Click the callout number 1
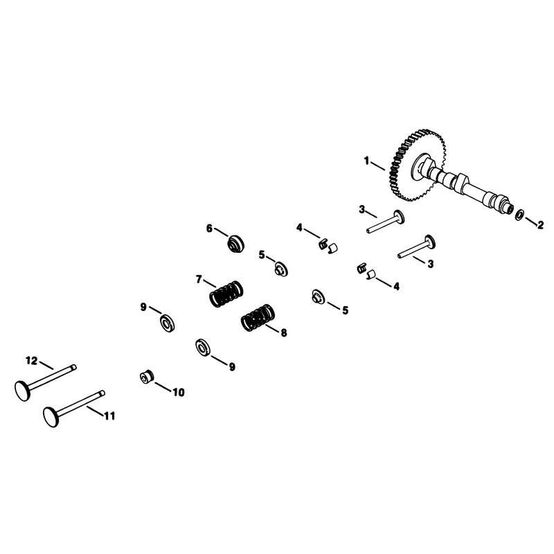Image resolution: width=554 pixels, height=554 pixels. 367,161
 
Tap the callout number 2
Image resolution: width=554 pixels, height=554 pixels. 540,225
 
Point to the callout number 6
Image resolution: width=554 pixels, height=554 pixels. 210,229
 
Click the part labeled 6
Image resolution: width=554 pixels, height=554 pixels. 235,244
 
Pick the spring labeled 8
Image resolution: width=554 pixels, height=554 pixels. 258,318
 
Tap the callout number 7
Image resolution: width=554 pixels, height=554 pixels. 199,280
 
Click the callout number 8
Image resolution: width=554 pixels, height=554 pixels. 284,333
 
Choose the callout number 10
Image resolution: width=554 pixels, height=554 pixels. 179,392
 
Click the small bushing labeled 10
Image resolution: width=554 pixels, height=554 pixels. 147,377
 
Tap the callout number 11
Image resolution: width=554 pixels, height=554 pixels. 110,416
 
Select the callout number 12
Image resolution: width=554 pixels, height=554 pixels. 31,361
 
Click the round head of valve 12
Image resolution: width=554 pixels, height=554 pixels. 23,391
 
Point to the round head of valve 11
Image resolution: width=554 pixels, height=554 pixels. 51,418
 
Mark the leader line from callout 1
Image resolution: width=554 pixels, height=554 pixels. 378,166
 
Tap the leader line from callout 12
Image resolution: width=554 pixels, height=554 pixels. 46,366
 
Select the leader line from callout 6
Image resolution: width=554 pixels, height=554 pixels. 222,232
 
